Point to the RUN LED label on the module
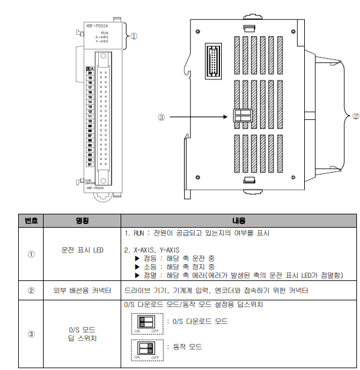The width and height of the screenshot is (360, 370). [x=105, y=32]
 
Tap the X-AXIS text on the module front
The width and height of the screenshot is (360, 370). [x=102, y=37]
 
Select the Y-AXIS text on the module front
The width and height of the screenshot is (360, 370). [x=102, y=42]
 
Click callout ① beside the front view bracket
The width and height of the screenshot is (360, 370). [x=134, y=36]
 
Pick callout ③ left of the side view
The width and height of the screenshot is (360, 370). [x=161, y=118]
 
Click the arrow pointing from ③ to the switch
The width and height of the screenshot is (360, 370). [x=200, y=117]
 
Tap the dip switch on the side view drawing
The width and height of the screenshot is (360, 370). [x=242, y=116]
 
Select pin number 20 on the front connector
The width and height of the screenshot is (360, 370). [x=90, y=73]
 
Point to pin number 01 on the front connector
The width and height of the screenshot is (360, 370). [x=90, y=164]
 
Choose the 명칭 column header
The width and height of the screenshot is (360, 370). [x=82, y=220]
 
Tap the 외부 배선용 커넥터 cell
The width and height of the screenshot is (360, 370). [x=82, y=291]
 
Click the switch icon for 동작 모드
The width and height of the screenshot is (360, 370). [x=146, y=348]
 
